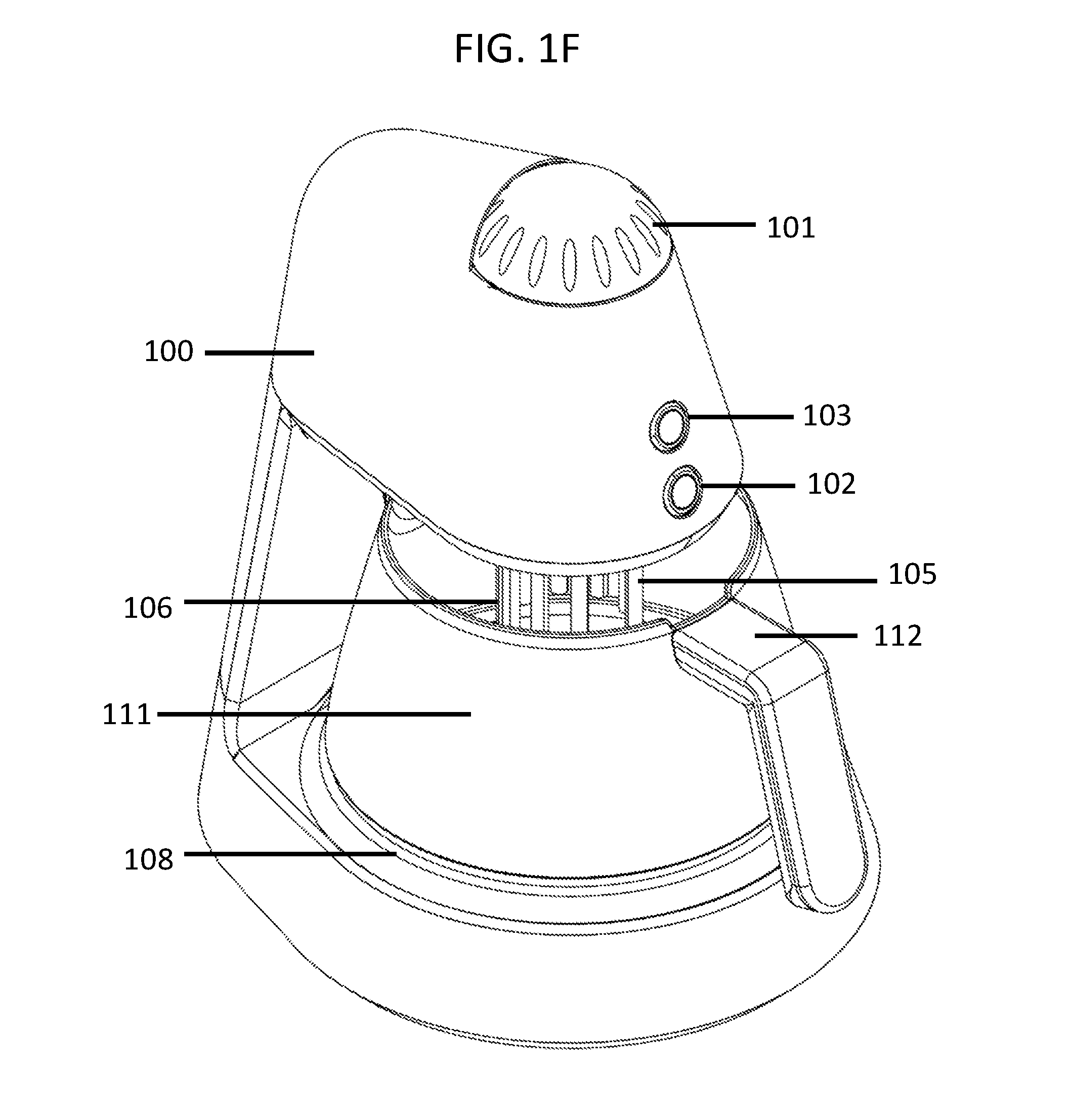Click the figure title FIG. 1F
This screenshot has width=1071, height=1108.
tap(517, 49)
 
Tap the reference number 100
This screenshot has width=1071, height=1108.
tap(169, 351)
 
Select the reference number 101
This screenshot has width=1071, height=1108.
tap(791, 228)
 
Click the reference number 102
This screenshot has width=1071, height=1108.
tap(832, 485)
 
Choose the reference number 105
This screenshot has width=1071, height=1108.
tap(913, 574)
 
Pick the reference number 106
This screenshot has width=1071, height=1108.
tap(148, 609)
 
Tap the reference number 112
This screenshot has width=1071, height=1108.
tap(897, 636)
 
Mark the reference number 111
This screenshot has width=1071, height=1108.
tap(126, 715)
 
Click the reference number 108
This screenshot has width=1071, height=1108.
tap(149, 860)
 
